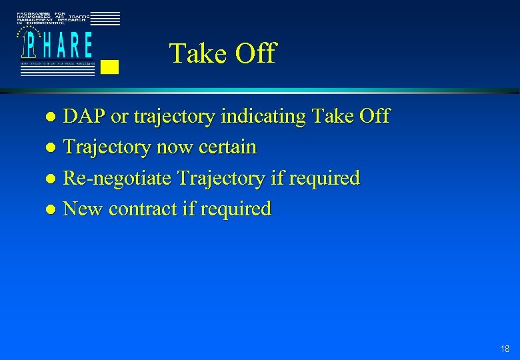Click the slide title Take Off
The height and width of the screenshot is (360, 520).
point(222,53)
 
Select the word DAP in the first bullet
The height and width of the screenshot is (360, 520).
point(84,116)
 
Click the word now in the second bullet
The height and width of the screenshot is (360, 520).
point(173,147)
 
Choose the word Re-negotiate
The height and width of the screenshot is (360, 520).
point(117,178)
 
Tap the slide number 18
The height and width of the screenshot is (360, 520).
point(505,349)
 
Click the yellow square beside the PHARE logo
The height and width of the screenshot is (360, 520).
point(110,67)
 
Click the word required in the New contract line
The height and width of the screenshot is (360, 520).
point(237,209)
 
